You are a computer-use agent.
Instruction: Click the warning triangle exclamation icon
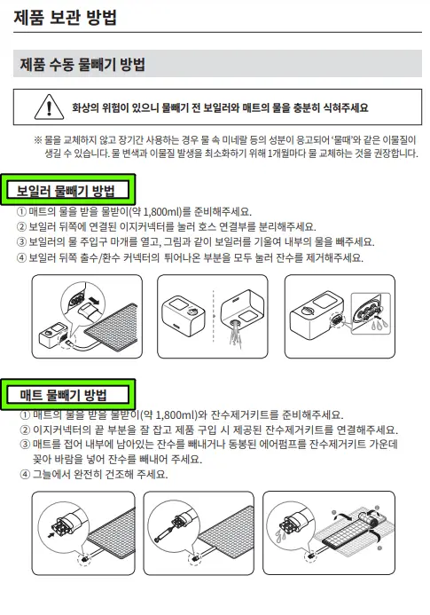(x=43, y=108)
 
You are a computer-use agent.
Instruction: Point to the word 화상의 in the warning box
(x=89, y=108)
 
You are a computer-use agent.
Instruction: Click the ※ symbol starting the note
(x=37, y=140)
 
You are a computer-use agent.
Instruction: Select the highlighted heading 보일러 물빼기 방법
(x=66, y=190)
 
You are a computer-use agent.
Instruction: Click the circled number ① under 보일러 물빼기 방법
(x=22, y=212)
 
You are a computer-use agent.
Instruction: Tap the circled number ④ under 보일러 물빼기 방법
(x=22, y=257)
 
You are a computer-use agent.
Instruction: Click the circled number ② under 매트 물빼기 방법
(x=25, y=430)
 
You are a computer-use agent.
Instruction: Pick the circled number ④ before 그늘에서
(x=25, y=474)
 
